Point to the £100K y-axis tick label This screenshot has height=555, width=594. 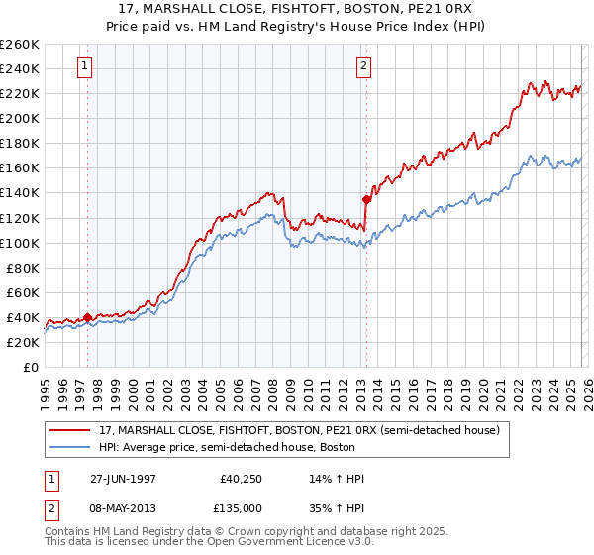[20, 243]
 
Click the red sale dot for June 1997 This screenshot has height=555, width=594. [87, 317]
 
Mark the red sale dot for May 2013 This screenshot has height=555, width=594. [366, 199]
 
